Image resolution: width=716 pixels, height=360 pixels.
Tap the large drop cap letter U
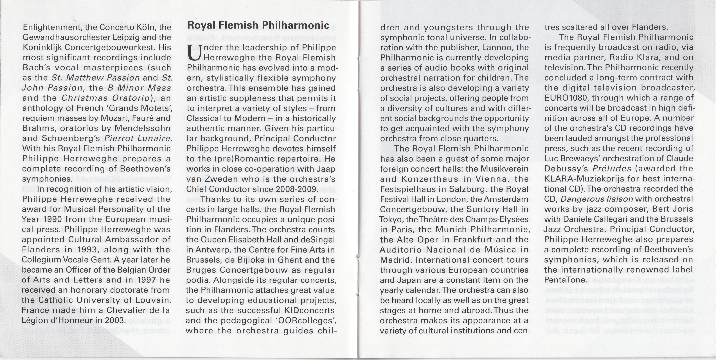pyautogui.click(x=194, y=53)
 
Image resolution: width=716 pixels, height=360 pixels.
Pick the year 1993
pyautogui.click(x=88, y=250)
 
